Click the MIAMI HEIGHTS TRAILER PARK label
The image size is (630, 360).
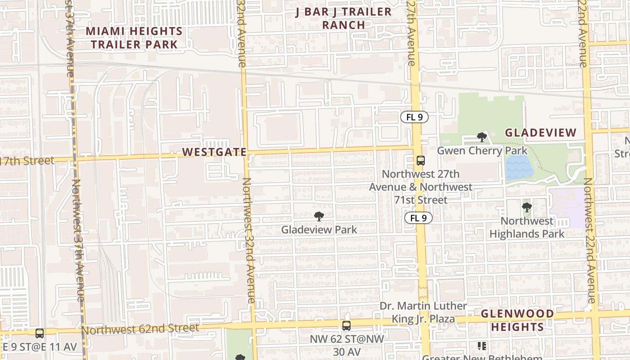[134, 38]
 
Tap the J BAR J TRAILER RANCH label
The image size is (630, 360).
[343, 18]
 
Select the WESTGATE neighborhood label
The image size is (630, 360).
[214, 152]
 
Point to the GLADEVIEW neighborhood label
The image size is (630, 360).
[540, 133]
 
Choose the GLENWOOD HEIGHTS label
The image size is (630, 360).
[517, 320]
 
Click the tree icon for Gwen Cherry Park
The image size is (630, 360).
[482, 137]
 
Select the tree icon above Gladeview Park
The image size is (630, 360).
[319, 216]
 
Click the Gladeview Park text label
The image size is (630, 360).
[319, 229]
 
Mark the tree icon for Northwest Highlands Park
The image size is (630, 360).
[526, 207]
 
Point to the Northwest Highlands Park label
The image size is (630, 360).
[526, 227]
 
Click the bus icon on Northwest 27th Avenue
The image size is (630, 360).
[421, 160]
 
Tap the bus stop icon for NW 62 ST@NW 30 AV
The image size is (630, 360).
[346, 326]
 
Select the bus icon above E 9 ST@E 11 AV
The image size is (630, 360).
[40, 333]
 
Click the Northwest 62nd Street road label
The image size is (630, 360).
[140, 329]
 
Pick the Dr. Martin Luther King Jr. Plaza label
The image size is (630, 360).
[423, 312]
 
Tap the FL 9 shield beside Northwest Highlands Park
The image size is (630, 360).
[418, 218]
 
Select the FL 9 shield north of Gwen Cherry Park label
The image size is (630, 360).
[414, 117]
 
